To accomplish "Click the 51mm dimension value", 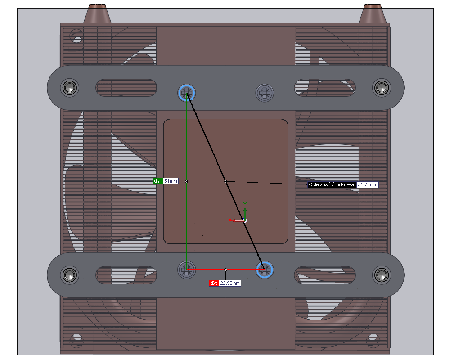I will click(171, 181).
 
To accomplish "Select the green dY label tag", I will click(157, 181).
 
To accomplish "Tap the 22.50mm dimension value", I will click(229, 283).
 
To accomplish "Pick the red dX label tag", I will click(214, 283).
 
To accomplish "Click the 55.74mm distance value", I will click(367, 184).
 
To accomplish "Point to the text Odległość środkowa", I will click(332, 184).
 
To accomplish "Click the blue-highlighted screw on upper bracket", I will click(187, 93).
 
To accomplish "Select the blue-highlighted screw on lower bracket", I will click(265, 270).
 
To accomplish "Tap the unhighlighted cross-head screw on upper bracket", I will click(265, 93).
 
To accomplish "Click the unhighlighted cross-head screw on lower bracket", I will click(187, 270).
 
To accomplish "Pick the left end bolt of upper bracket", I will click(69, 87).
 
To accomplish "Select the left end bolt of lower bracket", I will click(69, 274).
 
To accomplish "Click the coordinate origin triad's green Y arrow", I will click(245, 210).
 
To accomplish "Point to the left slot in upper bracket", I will click(126, 88).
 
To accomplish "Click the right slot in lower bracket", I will click(325, 274).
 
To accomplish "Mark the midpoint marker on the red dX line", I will click(225, 270).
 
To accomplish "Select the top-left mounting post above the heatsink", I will click(98, 13).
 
